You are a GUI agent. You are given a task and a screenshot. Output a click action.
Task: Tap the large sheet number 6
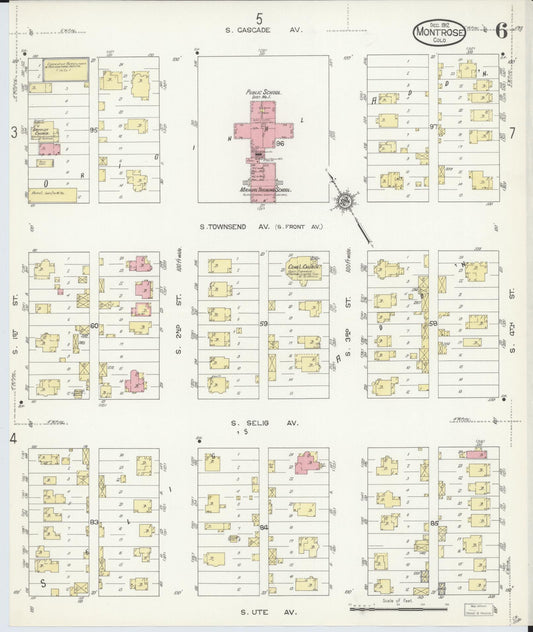coord(501,29)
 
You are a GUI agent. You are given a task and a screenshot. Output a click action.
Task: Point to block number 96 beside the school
coord(281,143)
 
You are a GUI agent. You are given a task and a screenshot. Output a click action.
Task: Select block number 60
coord(94,325)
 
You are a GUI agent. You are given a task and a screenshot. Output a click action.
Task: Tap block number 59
coord(264,324)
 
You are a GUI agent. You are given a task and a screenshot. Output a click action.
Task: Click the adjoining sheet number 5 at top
coord(259,17)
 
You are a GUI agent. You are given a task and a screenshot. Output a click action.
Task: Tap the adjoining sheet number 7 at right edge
coord(511,132)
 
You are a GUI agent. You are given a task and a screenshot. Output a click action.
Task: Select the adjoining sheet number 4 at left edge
coord(14,438)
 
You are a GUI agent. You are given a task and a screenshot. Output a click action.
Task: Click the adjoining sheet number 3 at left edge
coord(14,131)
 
